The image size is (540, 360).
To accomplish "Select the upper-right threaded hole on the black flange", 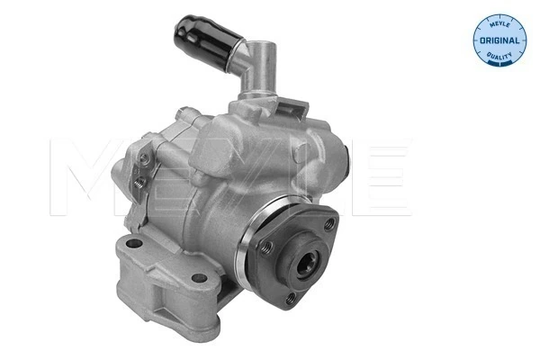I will [x=330, y=222].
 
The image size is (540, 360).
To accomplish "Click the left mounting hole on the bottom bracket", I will [x=134, y=244].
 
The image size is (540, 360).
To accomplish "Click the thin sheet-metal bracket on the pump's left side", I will [x=139, y=171].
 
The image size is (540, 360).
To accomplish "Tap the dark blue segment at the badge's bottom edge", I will [x=497, y=66].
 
